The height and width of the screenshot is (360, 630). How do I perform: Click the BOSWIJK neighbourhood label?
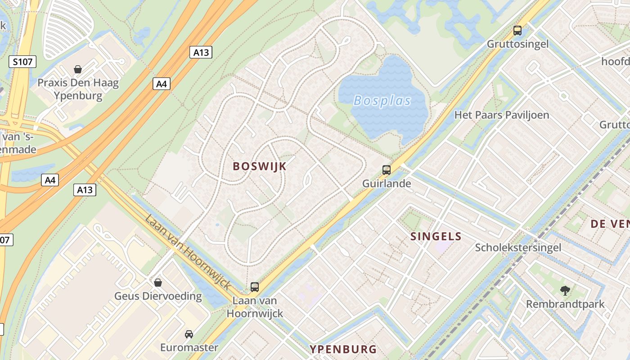[x=259, y=166]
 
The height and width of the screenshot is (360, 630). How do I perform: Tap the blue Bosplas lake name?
[x=382, y=100]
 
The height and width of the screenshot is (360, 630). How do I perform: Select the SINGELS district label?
[x=436, y=236]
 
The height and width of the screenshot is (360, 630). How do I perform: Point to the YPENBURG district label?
[x=343, y=349]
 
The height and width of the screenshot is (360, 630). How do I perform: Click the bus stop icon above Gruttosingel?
[x=517, y=31]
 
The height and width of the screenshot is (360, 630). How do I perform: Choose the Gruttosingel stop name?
[x=517, y=44]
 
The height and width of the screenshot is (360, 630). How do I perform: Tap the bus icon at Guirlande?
[x=387, y=170]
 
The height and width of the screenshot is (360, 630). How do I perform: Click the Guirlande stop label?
[x=387, y=183]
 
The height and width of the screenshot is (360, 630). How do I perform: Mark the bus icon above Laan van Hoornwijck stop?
[x=255, y=287]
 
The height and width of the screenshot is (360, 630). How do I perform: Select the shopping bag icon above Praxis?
[x=78, y=69]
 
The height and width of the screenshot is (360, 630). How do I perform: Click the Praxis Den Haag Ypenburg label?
[x=78, y=89]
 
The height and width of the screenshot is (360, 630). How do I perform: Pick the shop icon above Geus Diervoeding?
[x=158, y=283]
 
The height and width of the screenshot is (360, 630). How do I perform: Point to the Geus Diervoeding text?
[x=158, y=296]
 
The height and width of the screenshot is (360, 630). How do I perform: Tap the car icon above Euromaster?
[x=189, y=334]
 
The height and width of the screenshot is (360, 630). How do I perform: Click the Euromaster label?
[x=189, y=347]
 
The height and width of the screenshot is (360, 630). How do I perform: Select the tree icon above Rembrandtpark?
[x=565, y=290]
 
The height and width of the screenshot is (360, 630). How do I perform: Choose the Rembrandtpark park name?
[x=565, y=304]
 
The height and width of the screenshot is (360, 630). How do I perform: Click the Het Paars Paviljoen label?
[x=501, y=115]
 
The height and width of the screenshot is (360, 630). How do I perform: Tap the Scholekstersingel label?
[x=518, y=247]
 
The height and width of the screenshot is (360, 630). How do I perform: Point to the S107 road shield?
[x=22, y=62]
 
